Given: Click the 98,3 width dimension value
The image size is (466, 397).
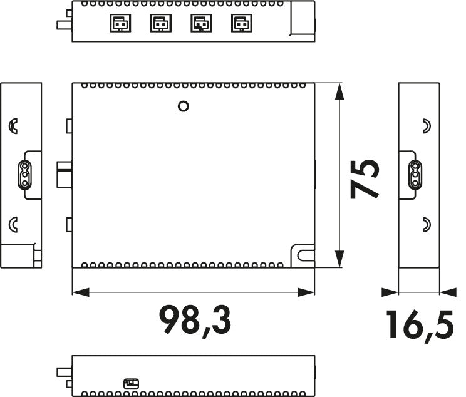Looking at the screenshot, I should point(195,319).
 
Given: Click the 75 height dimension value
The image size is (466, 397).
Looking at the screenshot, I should point(365,178).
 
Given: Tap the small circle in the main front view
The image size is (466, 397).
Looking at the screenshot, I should point(184,106).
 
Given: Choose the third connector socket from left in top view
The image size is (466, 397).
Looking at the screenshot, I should point(199,24).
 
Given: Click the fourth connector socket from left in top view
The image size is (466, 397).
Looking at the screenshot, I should point(239,24).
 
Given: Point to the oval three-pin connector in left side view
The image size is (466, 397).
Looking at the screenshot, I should point(23,175).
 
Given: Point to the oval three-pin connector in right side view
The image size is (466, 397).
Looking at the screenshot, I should point(415,175).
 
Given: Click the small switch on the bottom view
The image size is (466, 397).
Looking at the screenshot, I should point(131,383).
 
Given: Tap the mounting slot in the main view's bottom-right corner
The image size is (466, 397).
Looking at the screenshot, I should point(303,255).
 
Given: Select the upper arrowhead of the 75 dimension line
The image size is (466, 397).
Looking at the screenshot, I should point(339,90).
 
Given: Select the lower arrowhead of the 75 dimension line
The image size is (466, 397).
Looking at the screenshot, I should point(339,259).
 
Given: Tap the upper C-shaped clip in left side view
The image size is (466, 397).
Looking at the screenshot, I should point(13,126).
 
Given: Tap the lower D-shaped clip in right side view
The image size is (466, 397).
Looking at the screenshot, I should point(427,223).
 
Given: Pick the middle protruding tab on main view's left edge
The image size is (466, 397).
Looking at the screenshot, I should point(65,173).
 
